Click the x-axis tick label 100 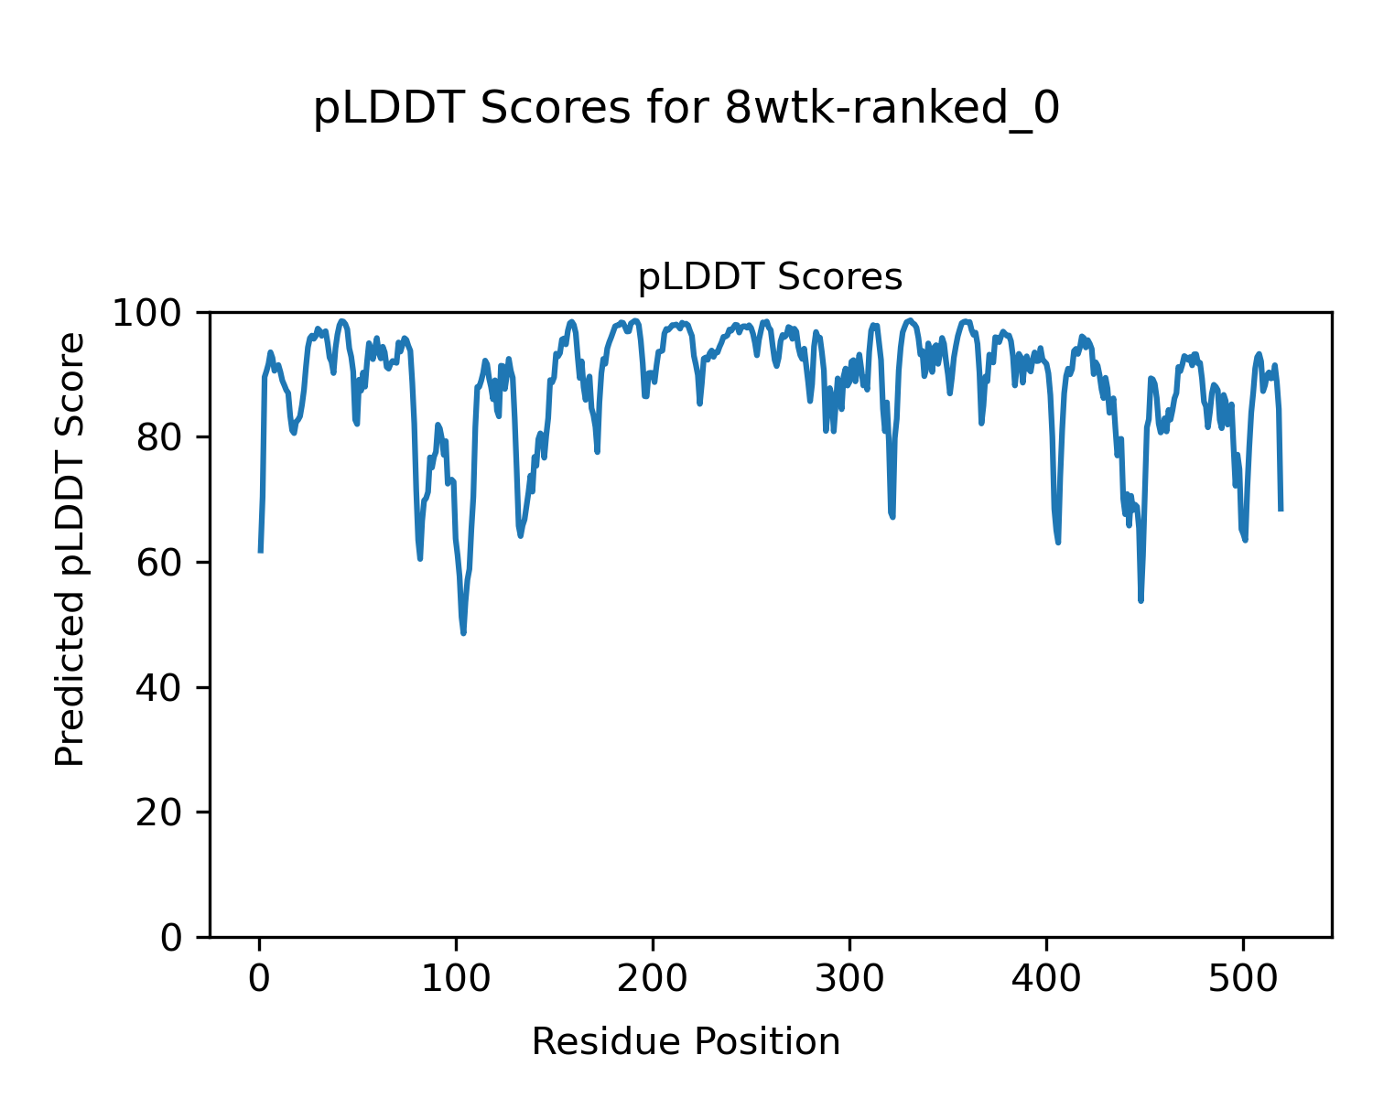pyautogui.click(x=456, y=979)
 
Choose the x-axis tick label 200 pyautogui.click(x=653, y=979)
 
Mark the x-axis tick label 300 pyautogui.click(x=849, y=979)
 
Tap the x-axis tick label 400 pyautogui.click(x=1046, y=979)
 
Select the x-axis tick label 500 pyautogui.click(x=1243, y=979)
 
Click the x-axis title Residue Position pyautogui.click(x=686, y=1042)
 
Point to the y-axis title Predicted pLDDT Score pyautogui.click(x=70, y=549)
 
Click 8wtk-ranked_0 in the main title pyautogui.click(x=892, y=110)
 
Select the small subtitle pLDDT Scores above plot pyautogui.click(x=770, y=277)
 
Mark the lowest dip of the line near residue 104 pyautogui.click(x=464, y=632)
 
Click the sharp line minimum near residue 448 pyautogui.click(x=1141, y=600)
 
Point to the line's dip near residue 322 pyautogui.click(x=892, y=517)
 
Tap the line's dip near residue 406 pyautogui.click(x=1058, y=543)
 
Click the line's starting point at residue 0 pyautogui.click(x=261, y=551)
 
